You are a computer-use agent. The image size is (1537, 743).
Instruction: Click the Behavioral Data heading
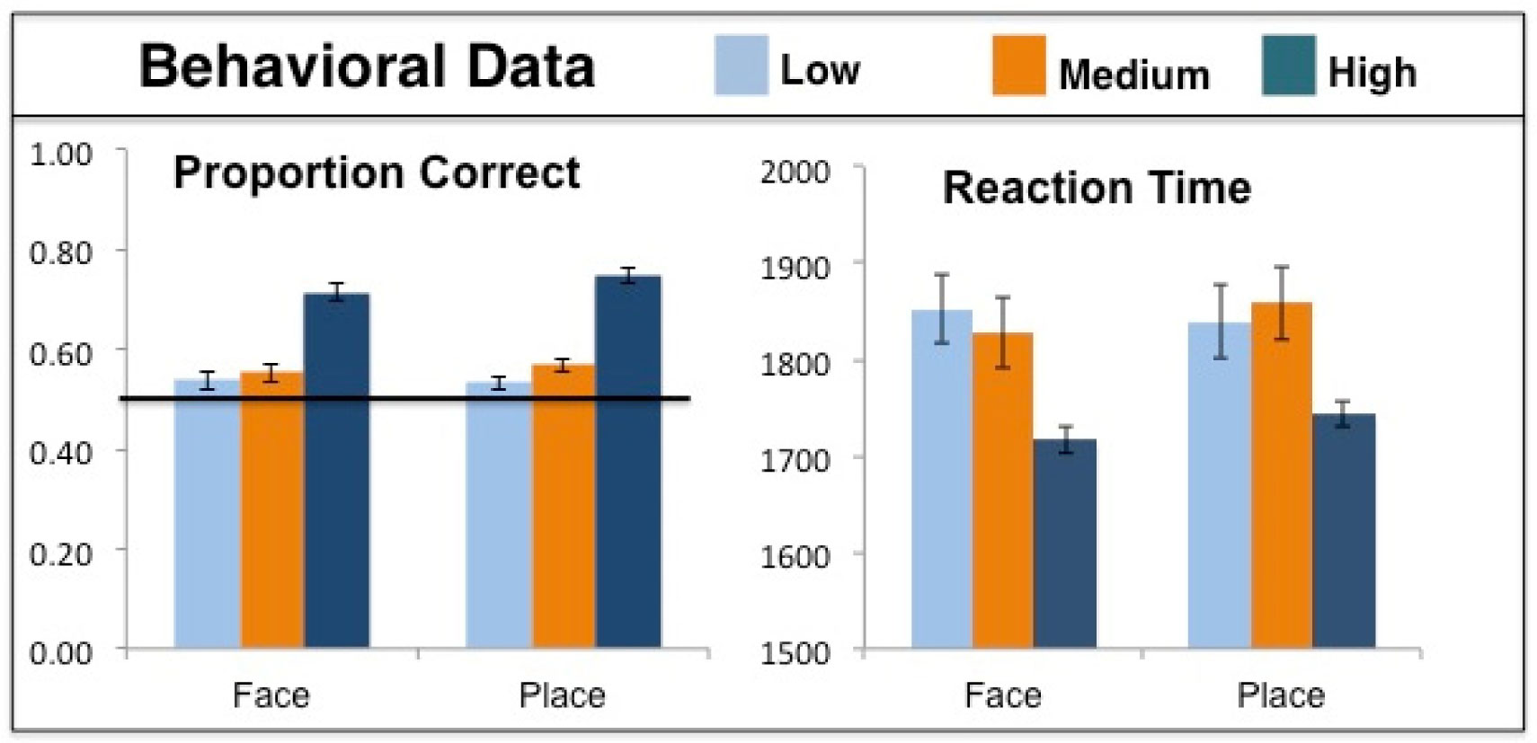click(x=367, y=66)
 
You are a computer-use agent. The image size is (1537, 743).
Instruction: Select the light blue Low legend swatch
click(x=741, y=66)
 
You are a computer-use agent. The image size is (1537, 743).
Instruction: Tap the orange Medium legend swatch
click(x=1018, y=66)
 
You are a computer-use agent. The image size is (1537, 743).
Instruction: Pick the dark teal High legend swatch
click(x=1288, y=66)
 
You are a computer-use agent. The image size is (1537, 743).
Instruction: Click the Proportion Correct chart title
click(x=376, y=172)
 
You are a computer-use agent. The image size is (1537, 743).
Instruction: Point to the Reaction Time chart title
click(x=1096, y=188)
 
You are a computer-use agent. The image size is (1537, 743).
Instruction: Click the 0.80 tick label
click(x=60, y=252)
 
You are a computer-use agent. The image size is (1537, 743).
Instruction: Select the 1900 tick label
click(x=795, y=268)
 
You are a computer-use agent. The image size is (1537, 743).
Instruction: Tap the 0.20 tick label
click(x=60, y=553)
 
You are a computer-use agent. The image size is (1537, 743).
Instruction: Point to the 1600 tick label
click(x=795, y=556)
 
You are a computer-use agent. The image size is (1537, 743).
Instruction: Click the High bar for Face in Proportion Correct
click(x=337, y=476)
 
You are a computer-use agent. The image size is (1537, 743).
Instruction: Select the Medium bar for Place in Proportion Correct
click(x=564, y=512)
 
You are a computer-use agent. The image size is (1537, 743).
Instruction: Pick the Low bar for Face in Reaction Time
click(x=941, y=485)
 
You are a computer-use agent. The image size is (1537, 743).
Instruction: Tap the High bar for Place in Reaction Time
click(x=1344, y=535)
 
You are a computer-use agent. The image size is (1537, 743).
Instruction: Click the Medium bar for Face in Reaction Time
click(x=1002, y=494)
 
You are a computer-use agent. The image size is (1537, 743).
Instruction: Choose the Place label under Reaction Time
click(x=1280, y=695)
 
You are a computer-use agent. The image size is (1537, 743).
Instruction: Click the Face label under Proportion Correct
click(x=271, y=695)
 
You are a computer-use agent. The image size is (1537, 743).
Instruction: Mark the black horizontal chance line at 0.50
click(x=404, y=398)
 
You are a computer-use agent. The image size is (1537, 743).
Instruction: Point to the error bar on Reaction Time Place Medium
click(x=1282, y=303)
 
